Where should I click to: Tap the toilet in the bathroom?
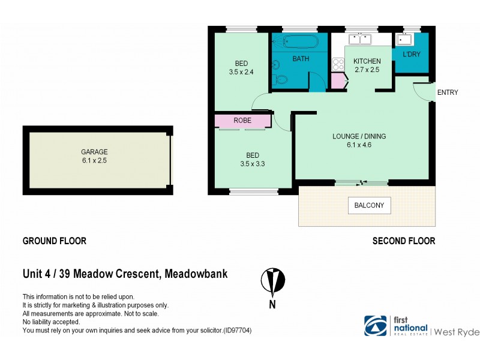click(280, 79)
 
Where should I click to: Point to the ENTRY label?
click(448, 92)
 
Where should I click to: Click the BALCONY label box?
click(369, 206)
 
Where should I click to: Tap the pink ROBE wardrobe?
click(242, 121)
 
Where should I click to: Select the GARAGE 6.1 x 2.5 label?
click(95, 156)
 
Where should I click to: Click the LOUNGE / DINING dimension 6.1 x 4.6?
click(359, 145)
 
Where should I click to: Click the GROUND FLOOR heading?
click(55, 241)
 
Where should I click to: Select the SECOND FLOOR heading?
click(404, 241)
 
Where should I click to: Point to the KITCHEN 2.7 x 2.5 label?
click(367, 65)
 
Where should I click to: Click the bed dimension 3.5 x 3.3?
click(251, 163)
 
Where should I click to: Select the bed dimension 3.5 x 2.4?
click(242, 72)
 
